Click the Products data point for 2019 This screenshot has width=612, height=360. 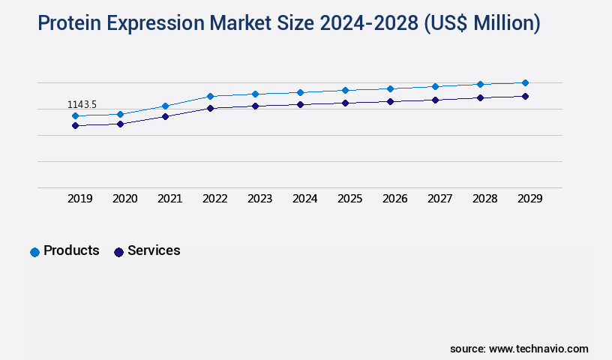pos(75,116)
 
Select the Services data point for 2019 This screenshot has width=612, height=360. pos(75,125)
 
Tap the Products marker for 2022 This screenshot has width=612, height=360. pos(210,96)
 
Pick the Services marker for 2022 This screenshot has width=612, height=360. pos(210,108)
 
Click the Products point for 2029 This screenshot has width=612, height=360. pos(525,82)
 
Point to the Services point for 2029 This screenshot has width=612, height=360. pos(525,96)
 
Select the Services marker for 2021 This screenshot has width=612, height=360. pos(165,116)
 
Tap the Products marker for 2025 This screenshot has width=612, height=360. pos(345,90)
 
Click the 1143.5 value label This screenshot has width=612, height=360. pos(82,105)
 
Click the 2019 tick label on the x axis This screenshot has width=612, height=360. pos(80,199)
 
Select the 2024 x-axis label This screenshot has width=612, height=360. pos(305,199)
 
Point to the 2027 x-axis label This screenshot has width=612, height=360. pos(440,199)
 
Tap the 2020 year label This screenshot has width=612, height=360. pos(125,199)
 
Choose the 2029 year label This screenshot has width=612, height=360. pos(530,199)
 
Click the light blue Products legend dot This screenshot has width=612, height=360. pos(34,252)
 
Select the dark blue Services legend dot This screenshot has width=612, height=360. pos(118,252)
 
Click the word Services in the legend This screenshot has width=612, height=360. pos(154,250)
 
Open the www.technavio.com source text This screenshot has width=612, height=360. pos(538,349)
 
